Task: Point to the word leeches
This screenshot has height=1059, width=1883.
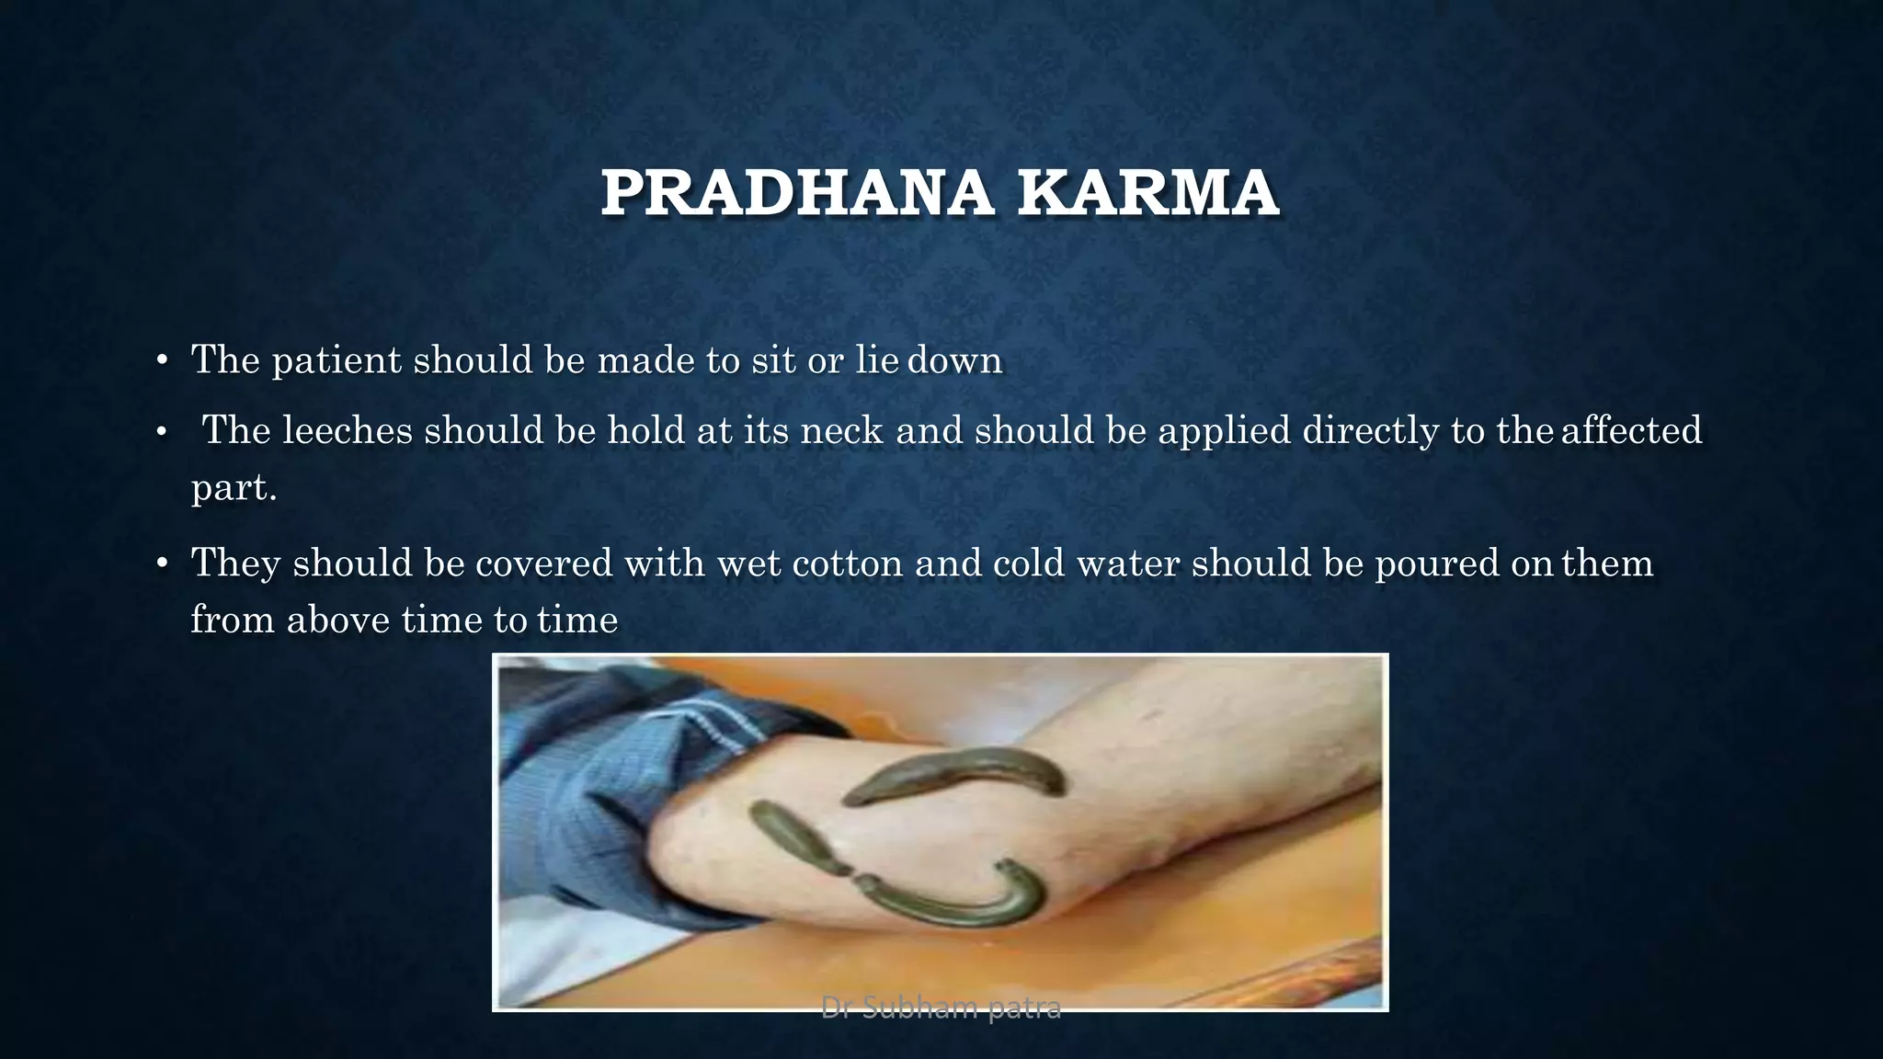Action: tap(348, 430)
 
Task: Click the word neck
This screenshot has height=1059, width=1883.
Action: tap(842, 430)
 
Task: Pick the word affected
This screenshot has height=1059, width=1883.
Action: tap(1631, 430)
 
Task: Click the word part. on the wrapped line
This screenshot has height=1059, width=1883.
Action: tap(234, 487)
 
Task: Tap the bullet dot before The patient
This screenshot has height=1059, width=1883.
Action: tap(162, 360)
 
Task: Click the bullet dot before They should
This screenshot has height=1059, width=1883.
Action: tap(162, 564)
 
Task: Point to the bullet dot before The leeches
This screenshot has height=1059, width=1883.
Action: tap(162, 431)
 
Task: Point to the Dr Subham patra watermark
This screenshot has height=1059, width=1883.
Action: tap(941, 1008)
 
